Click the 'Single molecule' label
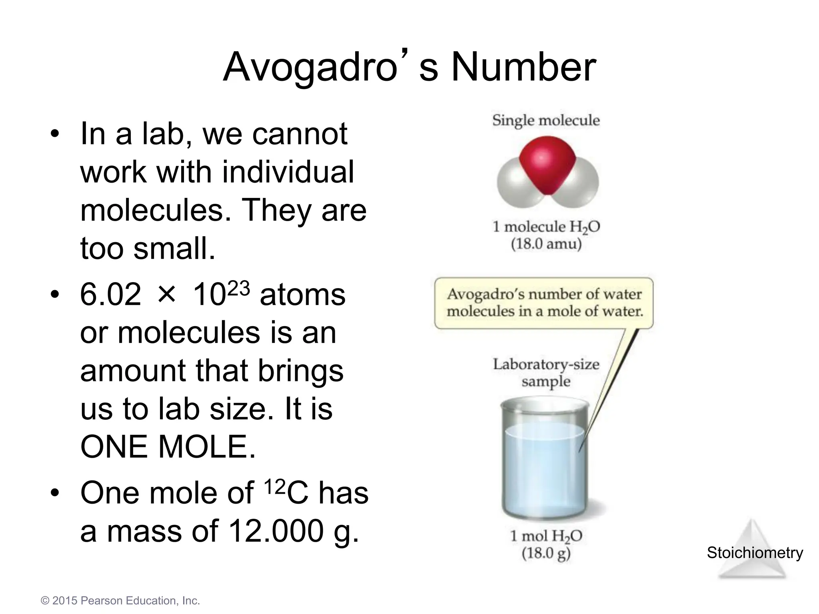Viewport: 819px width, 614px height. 546,120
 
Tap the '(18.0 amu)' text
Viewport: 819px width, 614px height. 546,244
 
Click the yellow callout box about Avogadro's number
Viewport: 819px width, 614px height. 544,303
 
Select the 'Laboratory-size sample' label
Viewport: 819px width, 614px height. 546,373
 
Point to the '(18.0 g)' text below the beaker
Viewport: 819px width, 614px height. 546,554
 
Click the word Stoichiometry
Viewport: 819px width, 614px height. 755,553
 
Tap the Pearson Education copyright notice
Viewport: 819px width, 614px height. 120,601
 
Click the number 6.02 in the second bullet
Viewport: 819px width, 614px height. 110,295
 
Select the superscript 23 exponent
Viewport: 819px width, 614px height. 238,288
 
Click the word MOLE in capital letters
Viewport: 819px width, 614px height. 207,447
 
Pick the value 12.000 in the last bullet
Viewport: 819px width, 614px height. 276,531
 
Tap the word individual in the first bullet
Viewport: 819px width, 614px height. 288,172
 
